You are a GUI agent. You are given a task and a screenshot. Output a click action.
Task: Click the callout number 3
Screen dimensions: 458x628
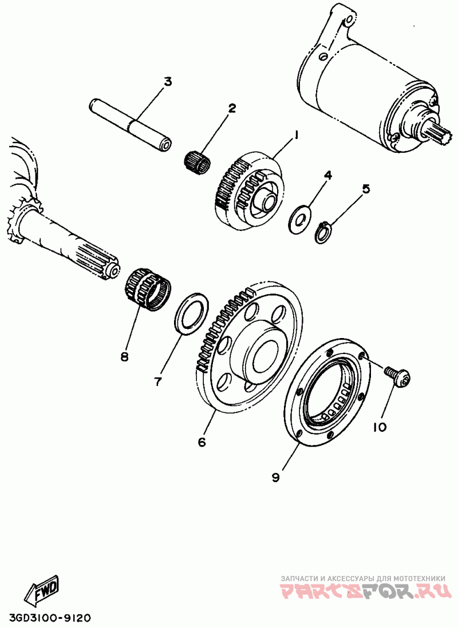pyautogui.click(x=167, y=82)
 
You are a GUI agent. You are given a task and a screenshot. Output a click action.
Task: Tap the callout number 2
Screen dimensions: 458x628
pyautogui.click(x=232, y=108)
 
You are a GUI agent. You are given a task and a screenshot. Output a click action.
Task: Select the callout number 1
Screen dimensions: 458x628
pyautogui.click(x=296, y=136)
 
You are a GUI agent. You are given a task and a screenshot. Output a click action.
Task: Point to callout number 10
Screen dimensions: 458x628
pyautogui.click(x=378, y=427)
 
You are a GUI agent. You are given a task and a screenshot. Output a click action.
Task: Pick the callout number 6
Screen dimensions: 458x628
pyautogui.click(x=202, y=442)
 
